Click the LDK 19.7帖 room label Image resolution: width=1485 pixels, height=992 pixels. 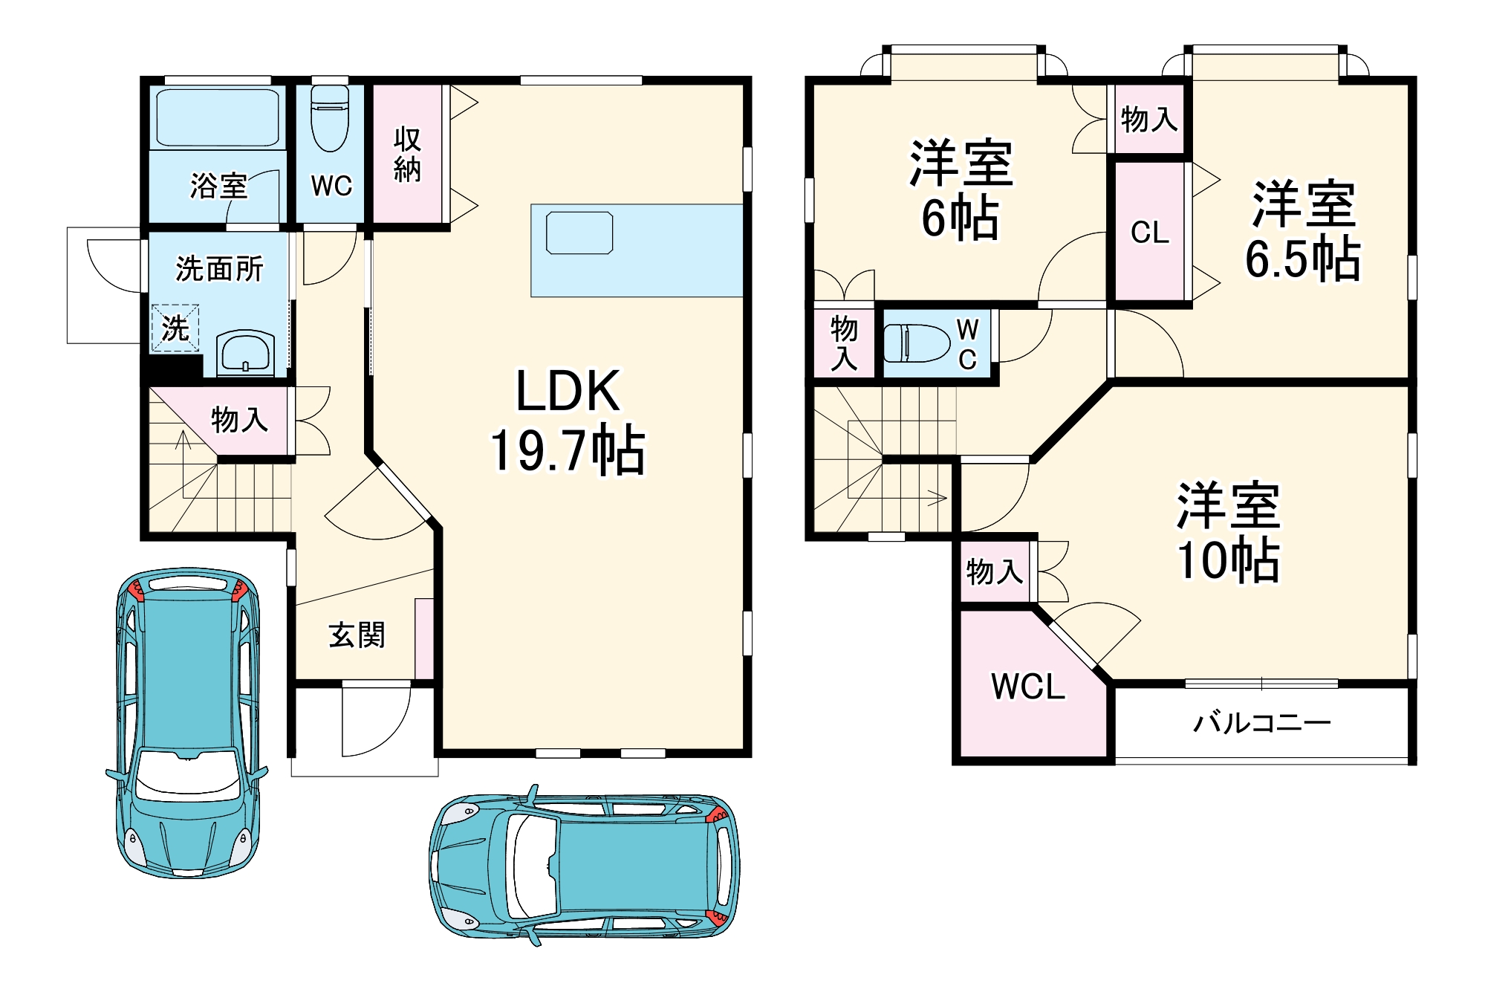pyautogui.click(x=568, y=421)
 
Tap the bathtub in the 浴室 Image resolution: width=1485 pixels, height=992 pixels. pyautogui.click(x=218, y=117)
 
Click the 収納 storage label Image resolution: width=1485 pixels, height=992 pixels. pyautogui.click(x=407, y=155)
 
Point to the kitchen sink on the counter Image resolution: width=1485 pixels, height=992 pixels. pyautogui.click(x=579, y=233)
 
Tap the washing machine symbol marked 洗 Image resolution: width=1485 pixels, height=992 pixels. pyautogui.click(x=175, y=328)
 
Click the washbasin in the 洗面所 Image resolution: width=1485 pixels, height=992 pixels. pyautogui.click(x=245, y=352)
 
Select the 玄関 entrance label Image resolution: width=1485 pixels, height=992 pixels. pyautogui.click(x=357, y=635)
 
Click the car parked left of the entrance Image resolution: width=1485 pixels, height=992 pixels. pyautogui.click(x=187, y=723)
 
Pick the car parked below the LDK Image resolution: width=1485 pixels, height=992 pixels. pyautogui.click(x=585, y=866)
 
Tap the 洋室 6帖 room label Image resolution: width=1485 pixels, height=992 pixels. pyautogui.click(x=961, y=189)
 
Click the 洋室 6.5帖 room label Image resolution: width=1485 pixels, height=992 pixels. pyautogui.click(x=1303, y=230)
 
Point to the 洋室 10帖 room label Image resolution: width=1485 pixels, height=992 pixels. pyautogui.click(x=1229, y=532)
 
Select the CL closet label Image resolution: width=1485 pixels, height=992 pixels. pyautogui.click(x=1150, y=233)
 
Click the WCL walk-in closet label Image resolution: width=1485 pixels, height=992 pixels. pyautogui.click(x=1028, y=687)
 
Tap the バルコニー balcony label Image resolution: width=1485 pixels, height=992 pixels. pyautogui.click(x=1262, y=722)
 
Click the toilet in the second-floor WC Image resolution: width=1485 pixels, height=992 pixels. pyautogui.click(x=917, y=343)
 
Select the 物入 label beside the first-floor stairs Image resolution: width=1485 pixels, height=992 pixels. pyautogui.click(x=239, y=420)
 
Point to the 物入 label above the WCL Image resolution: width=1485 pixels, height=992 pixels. pyautogui.click(x=995, y=571)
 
